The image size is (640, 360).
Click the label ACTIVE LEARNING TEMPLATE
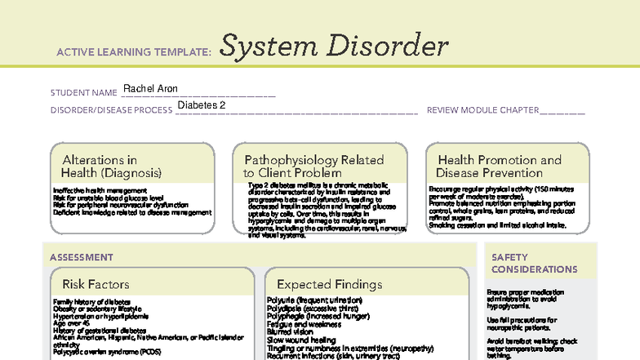pyautogui.click(x=135, y=52)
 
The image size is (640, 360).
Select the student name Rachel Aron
pyautogui.click(x=150, y=89)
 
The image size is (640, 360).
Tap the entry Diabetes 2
pyautogui.click(x=200, y=106)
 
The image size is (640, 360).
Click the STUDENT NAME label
pyautogui.click(x=84, y=93)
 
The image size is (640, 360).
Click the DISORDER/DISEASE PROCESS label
pyautogui.click(x=111, y=110)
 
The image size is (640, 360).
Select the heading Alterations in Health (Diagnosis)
pyautogui.click(x=112, y=167)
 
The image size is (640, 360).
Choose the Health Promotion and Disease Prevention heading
pyautogui.click(x=499, y=167)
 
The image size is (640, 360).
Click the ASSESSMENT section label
pyautogui.click(x=82, y=257)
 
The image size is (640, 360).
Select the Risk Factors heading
pyautogui.click(x=96, y=284)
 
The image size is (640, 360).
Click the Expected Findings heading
pyautogui.click(x=329, y=284)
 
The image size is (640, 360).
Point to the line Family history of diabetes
pyautogui.click(x=91, y=302)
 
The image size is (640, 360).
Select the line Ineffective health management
pyautogui.click(x=100, y=190)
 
